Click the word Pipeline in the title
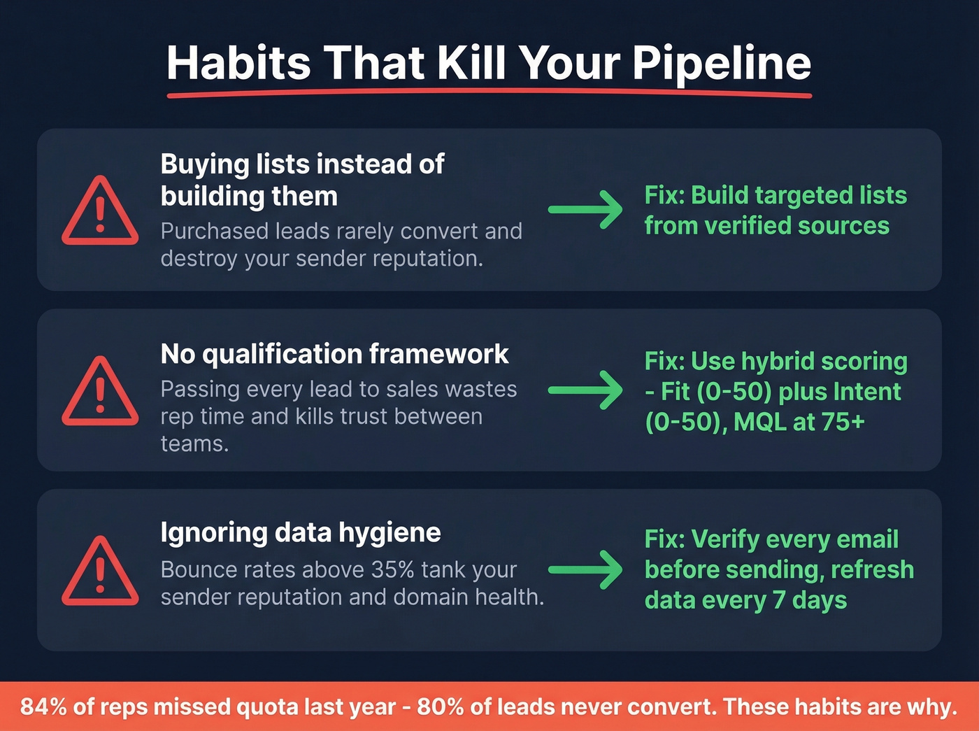coord(722,64)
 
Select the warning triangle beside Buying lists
coord(100,212)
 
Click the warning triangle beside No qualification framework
coord(100,392)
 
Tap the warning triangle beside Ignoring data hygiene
coord(100,572)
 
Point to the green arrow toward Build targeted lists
coord(585,209)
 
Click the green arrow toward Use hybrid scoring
coord(585,390)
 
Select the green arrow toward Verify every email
coord(585,569)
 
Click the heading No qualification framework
coord(334,354)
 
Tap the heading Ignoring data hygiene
coord(301,533)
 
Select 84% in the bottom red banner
coord(43,707)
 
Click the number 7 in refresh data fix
coord(778,600)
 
